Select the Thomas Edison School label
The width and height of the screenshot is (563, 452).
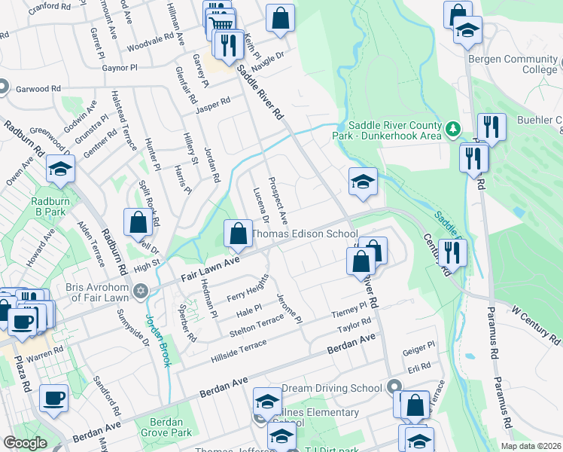click(304, 234)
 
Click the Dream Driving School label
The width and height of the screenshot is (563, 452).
click(332, 389)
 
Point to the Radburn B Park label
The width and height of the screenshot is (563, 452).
click(51, 207)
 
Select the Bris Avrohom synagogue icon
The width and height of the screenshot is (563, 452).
click(138, 291)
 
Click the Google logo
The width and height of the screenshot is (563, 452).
click(25, 443)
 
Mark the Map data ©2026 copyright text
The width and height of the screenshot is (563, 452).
click(531, 446)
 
